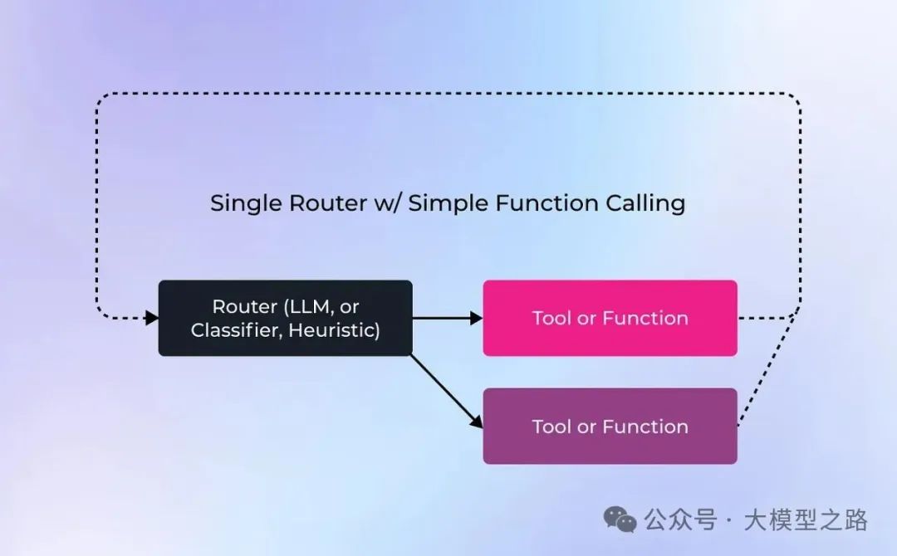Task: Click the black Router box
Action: pos(285,318)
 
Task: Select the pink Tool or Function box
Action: pos(610,318)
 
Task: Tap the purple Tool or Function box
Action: pos(610,426)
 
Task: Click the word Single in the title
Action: pos(241,203)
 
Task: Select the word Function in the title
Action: pos(540,203)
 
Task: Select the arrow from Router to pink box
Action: pos(447,318)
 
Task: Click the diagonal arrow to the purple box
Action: pos(447,391)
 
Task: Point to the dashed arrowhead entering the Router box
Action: pos(151,317)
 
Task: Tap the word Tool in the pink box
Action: pos(550,318)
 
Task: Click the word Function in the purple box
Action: pos(645,427)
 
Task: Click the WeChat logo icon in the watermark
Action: pos(620,519)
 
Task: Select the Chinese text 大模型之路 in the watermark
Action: pos(805,520)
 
